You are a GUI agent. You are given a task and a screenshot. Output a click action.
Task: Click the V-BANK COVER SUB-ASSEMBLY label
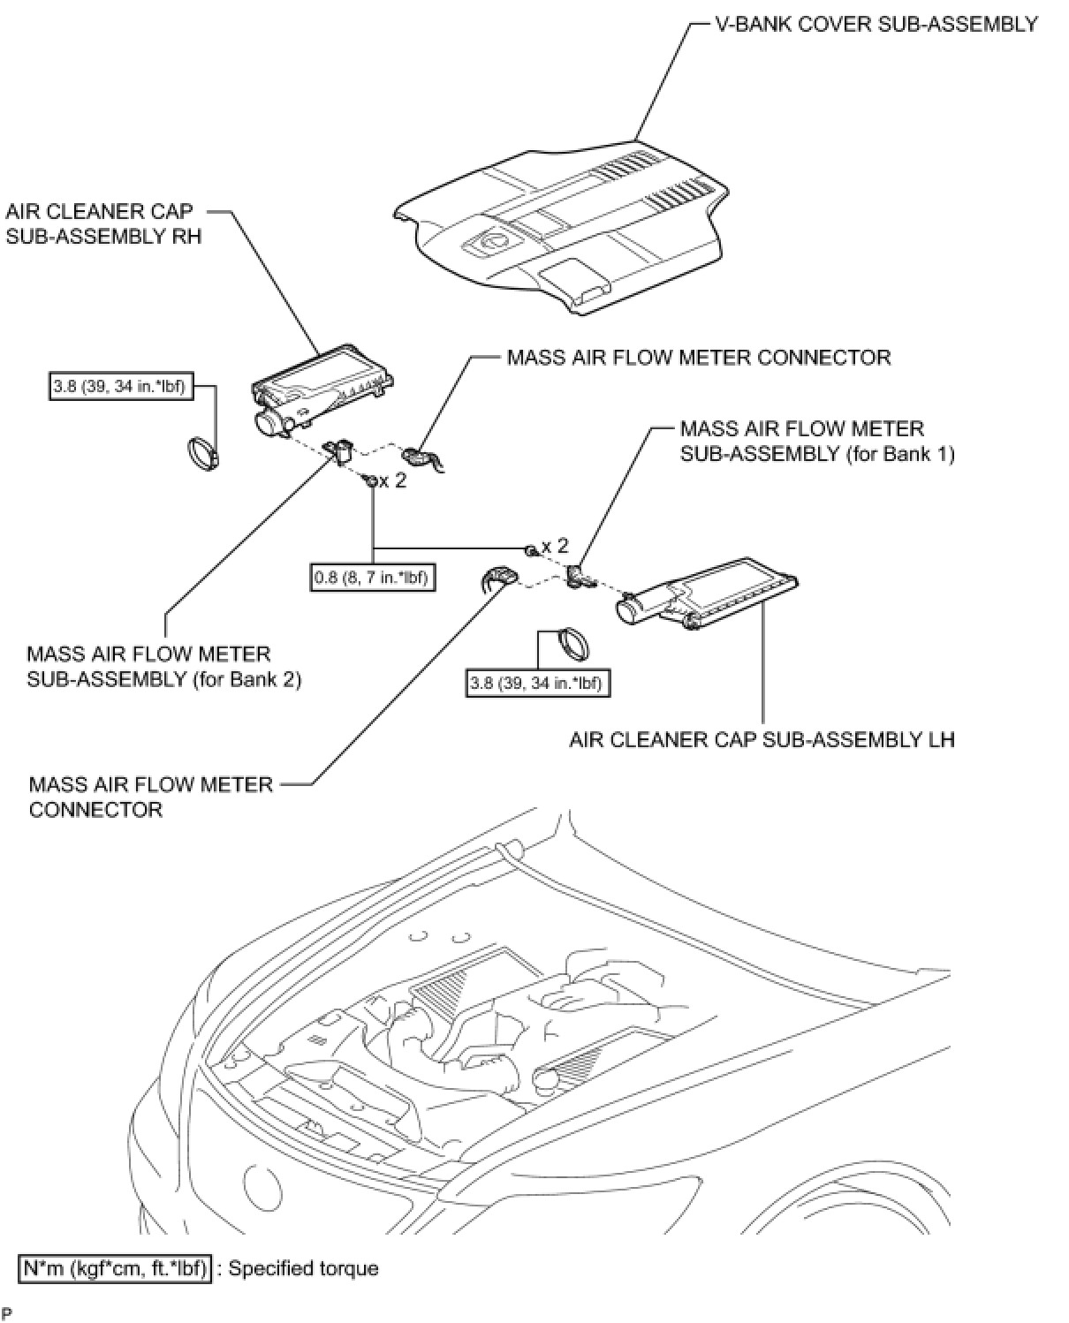pyautogui.click(x=876, y=24)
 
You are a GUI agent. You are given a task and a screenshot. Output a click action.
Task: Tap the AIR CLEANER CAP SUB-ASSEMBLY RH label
pyautogui.click(x=103, y=223)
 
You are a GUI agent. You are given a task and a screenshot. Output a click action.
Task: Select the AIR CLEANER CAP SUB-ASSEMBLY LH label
pyautogui.click(x=762, y=738)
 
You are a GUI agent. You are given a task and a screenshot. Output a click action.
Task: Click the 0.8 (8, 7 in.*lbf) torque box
pyautogui.click(x=373, y=578)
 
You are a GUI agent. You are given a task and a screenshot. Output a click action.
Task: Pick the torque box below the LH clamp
pyautogui.click(x=539, y=683)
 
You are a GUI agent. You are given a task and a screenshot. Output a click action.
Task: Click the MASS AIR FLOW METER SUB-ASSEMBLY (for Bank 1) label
pyautogui.click(x=816, y=442)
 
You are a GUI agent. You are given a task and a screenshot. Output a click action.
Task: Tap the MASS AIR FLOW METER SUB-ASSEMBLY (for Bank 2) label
pyautogui.click(x=163, y=667)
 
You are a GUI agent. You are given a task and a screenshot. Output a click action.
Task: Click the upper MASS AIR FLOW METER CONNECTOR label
pyautogui.click(x=698, y=357)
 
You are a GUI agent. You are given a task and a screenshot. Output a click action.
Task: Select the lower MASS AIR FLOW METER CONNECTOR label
pyautogui.click(x=150, y=797)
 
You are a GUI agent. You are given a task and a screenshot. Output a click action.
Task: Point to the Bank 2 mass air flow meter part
pyautogui.click(x=340, y=452)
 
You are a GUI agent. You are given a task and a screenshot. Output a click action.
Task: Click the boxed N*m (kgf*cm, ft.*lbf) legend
pyautogui.click(x=115, y=1269)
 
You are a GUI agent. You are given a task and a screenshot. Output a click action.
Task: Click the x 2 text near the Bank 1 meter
pyautogui.click(x=555, y=547)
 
